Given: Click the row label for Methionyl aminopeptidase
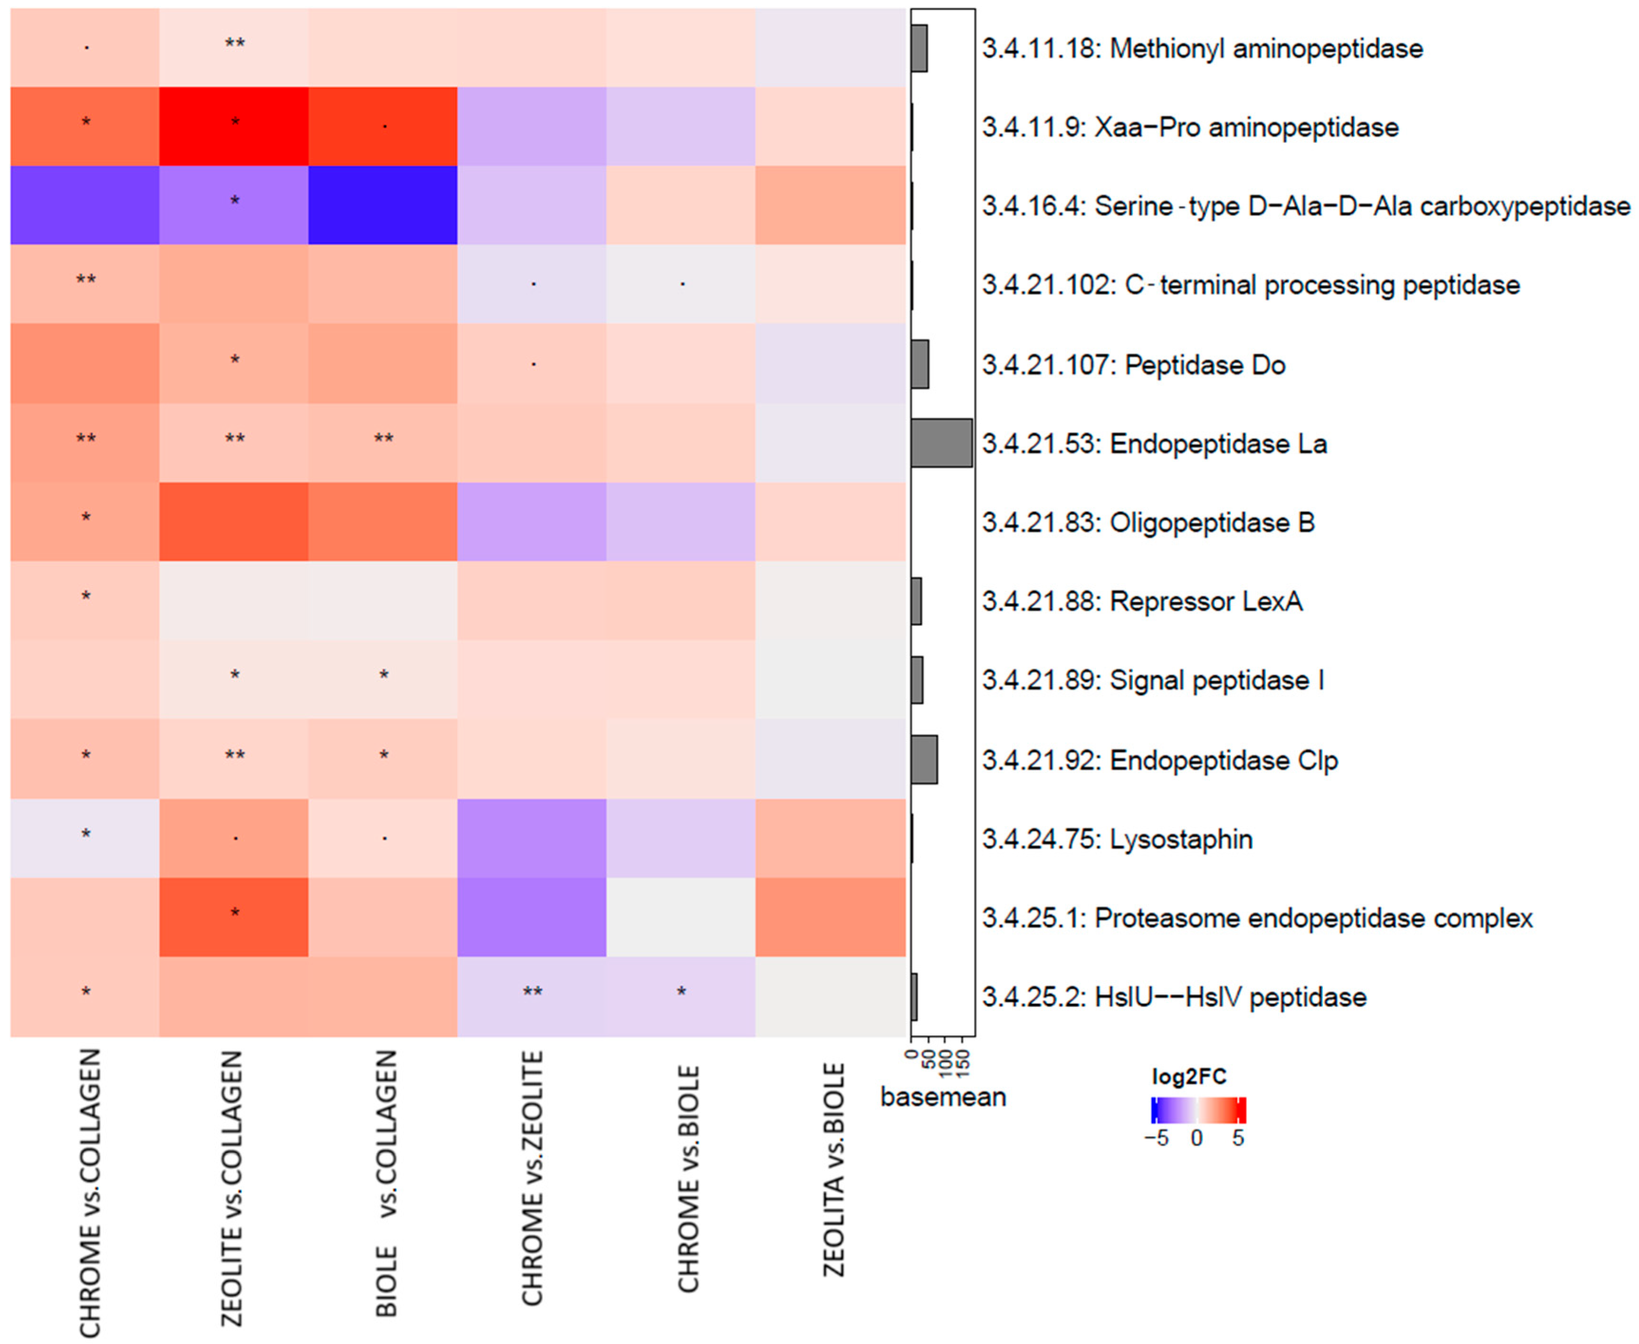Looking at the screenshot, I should tap(1202, 49).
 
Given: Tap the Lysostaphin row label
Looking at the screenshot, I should tap(1117, 839).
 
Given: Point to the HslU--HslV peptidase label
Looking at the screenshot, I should tap(1174, 997).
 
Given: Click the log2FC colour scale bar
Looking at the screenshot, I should tap(1198, 1110).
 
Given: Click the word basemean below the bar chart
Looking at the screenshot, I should tap(942, 1097).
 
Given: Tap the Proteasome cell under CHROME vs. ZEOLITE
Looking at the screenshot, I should tap(532, 918).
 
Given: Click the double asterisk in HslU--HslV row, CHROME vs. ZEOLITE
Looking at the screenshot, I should tap(532, 992).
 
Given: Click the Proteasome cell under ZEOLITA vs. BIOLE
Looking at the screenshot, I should tap(830, 918).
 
